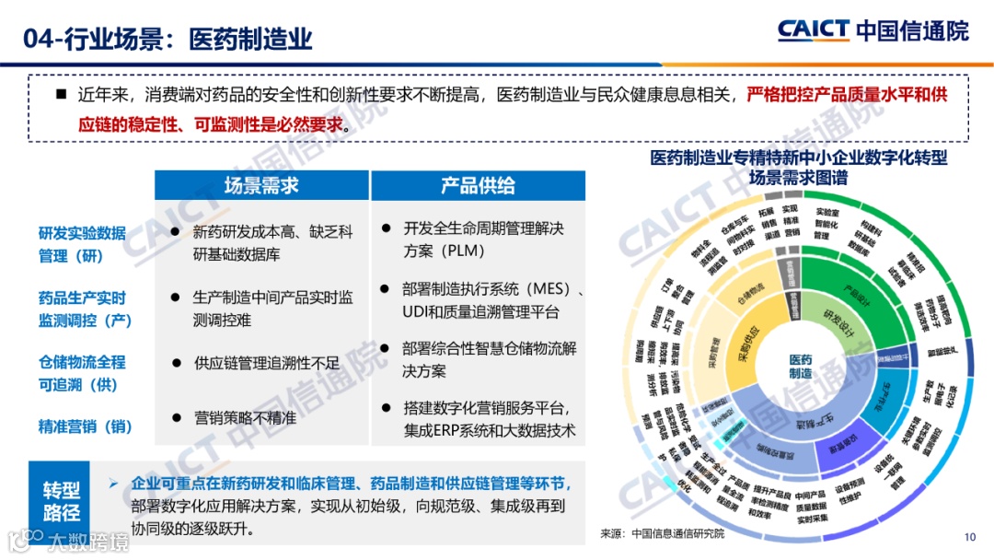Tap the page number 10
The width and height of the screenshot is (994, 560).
969,537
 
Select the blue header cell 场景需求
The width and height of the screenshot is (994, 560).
261,185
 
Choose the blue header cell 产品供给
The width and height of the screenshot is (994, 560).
478,185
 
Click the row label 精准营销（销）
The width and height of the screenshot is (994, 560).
86,426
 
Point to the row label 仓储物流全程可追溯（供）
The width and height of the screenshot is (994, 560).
82,373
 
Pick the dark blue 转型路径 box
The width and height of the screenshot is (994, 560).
62,501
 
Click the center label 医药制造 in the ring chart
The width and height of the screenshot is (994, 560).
801,366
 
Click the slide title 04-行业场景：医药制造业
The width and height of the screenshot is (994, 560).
169,38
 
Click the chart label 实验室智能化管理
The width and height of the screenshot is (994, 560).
825,223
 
